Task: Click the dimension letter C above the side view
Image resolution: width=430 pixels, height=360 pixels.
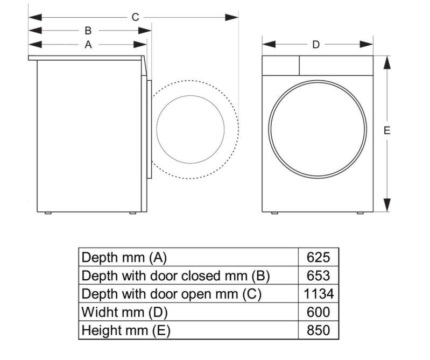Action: coord(135,17)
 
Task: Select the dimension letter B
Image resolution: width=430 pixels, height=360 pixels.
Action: coord(88,31)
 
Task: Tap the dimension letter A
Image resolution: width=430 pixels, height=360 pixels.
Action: coord(88,45)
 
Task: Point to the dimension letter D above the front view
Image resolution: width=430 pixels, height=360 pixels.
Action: coord(316,45)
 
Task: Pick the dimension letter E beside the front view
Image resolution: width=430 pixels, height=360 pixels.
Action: coord(387,130)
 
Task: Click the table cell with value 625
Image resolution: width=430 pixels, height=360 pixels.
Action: coord(318,257)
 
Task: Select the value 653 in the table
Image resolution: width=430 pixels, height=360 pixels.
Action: coord(318,276)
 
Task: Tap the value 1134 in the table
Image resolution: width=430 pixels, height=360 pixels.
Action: coord(318,294)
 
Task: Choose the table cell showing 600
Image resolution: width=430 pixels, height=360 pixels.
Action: coord(318,312)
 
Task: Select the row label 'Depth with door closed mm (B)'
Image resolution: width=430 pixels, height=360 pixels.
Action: coord(175,276)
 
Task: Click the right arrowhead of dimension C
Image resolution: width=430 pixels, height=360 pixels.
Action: coord(232,17)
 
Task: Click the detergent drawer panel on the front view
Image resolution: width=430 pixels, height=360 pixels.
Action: coord(280,66)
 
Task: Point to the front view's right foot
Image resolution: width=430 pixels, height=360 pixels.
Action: coord(359,213)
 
